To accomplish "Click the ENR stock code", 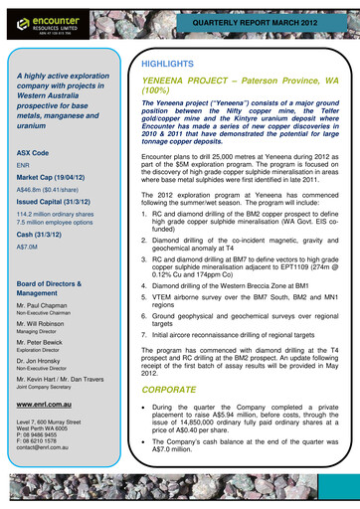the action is tap(24, 168).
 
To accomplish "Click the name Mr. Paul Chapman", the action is tap(48, 310).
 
